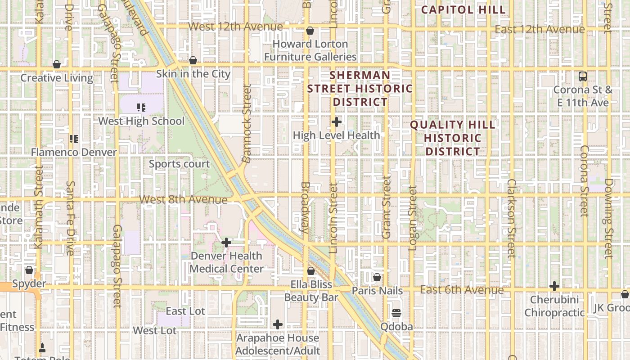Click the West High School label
[x=141, y=121]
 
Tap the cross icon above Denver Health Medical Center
[x=226, y=243]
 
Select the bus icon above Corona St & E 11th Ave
[x=583, y=76]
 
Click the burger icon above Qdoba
[x=396, y=313]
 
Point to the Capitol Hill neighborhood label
[x=463, y=10]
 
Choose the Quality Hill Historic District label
[x=453, y=138]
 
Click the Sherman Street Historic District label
[x=360, y=89]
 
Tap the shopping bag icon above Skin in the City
[x=193, y=60]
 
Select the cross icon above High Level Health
[x=337, y=122]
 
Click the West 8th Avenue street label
[x=183, y=199]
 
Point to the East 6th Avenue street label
[x=462, y=290]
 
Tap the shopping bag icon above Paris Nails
[x=377, y=277]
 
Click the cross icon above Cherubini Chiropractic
[x=554, y=286]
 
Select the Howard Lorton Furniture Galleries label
[x=310, y=50]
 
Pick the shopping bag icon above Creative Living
[x=57, y=64]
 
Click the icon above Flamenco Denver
[x=74, y=139]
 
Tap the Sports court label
[x=179, y=164]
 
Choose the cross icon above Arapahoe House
[x=278, y=324]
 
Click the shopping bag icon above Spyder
[x=29, y=270]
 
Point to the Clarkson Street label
[x=511, y=218]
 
